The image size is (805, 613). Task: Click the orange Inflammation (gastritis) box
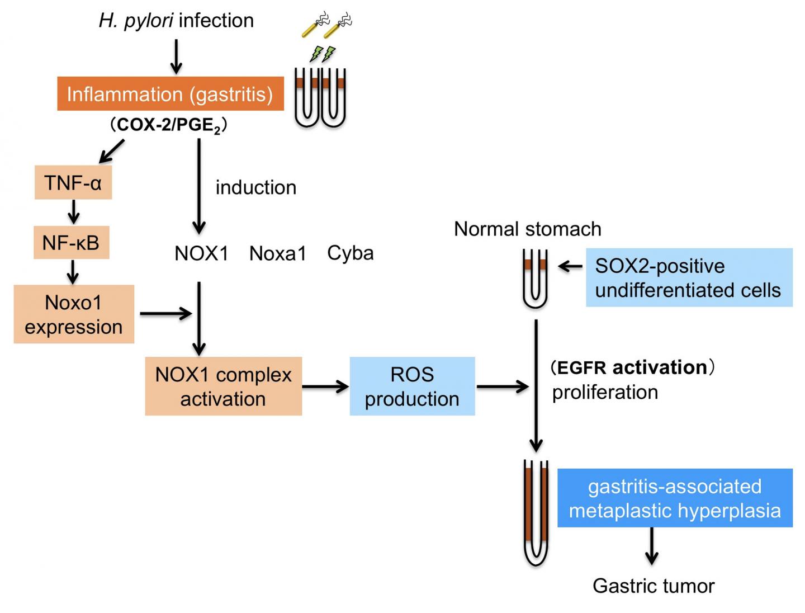tap(170, 94)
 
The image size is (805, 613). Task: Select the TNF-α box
tap(73, 182)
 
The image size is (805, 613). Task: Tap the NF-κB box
tap(71, 242)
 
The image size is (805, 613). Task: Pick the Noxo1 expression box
tap(73, 314)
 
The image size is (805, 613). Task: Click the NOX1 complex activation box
tap(223, 386)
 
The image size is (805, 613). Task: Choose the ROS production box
tap(412, 386)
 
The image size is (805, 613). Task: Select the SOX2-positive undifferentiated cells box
tap(689, 277)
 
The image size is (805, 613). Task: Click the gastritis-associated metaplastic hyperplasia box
tap(675, 498)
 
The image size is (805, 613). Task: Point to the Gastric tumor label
tap(653, 586)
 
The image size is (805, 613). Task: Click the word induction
tap(256, 187)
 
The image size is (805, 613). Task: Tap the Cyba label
tap(351, 253)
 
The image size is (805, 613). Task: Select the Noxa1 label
tap(278, 253)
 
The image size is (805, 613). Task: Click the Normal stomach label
tap(527, 229)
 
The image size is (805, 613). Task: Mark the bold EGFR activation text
tap(632, 367)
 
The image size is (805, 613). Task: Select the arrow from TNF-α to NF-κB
tap(73, 212)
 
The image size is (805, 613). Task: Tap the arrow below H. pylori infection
tap(176, 56)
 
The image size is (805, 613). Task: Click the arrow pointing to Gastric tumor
tap(651, 546)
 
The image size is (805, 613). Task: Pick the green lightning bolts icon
tap(323, 54)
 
